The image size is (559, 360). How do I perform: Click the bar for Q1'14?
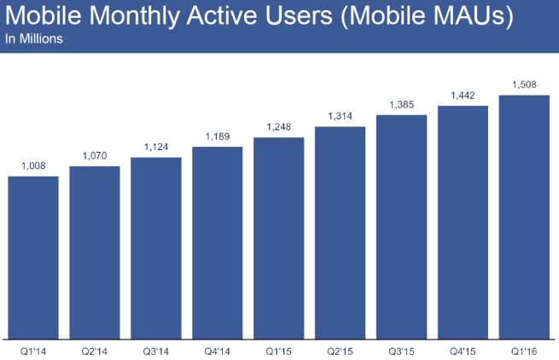33,256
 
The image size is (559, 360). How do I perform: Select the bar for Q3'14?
156,247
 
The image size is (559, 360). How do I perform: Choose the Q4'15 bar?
463,221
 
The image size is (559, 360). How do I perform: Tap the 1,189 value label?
218,137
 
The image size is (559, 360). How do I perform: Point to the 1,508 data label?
524,84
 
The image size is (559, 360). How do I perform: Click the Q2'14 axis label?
95,350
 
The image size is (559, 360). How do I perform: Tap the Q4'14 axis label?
218,350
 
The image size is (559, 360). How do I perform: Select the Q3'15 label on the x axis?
402,350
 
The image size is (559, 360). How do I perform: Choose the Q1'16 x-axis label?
524,350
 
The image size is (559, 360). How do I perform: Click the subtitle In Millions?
33,39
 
